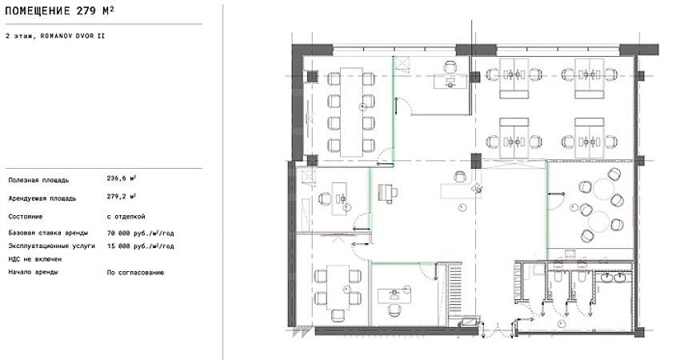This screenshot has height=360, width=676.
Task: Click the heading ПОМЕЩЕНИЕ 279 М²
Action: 59,10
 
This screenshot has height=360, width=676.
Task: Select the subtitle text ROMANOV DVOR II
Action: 73,36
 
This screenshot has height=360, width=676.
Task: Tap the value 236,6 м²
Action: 122,178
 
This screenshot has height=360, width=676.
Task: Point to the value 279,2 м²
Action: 122,196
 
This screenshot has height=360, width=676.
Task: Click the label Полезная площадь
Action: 39,180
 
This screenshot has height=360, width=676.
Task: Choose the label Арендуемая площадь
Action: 42,198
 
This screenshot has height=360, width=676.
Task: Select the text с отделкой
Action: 126,217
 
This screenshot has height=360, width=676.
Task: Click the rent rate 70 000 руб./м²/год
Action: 141,234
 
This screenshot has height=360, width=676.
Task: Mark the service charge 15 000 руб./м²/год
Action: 141,246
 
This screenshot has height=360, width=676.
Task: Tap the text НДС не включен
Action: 35,259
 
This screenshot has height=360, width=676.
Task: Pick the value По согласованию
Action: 135,273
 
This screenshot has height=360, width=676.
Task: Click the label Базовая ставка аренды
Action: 48,233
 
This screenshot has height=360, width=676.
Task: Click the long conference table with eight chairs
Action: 351,112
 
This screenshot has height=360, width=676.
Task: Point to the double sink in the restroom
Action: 614,278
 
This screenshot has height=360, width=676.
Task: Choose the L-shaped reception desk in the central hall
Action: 462,186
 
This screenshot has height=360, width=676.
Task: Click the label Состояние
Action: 26,217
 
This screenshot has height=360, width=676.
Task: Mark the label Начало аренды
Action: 33,272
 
